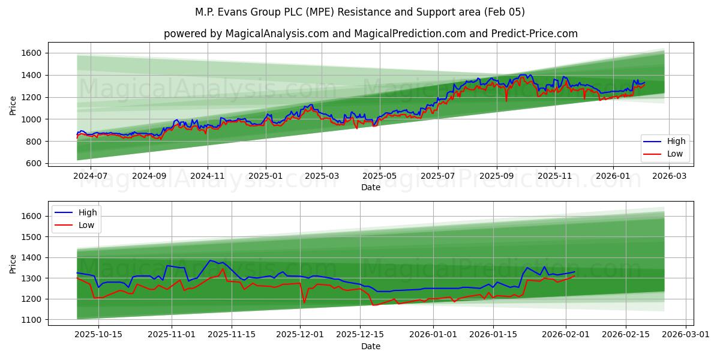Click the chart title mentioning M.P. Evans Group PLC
pos(360,12)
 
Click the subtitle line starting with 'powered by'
pos(370,34)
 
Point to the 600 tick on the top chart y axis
pos(34,163)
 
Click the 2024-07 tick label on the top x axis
pos(91,176)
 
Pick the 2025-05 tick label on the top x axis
pos(380,176)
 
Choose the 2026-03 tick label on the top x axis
pos(670,176)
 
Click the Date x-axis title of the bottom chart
pos(370,346)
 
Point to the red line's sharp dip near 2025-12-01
pos(305,302)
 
